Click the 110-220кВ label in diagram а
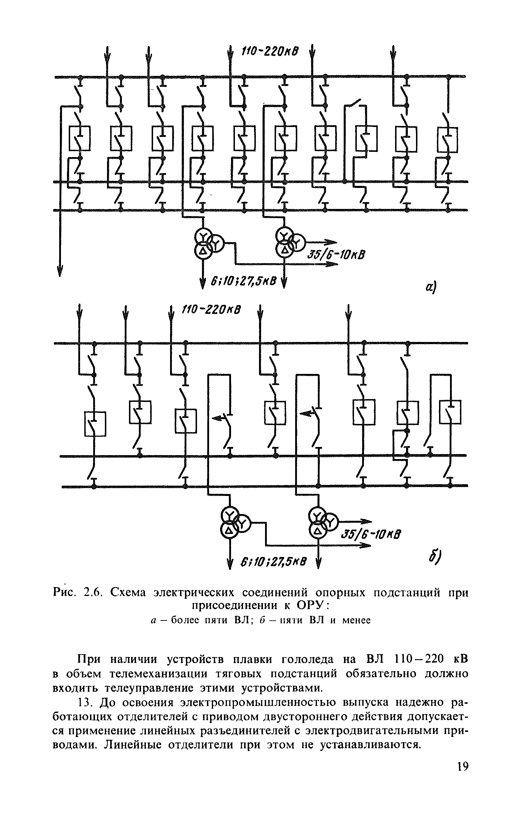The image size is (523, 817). click(x=270, y=52)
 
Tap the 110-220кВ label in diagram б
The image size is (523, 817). click(x=211, y=310)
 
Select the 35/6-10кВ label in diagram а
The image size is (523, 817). click(x=334, y=255)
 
